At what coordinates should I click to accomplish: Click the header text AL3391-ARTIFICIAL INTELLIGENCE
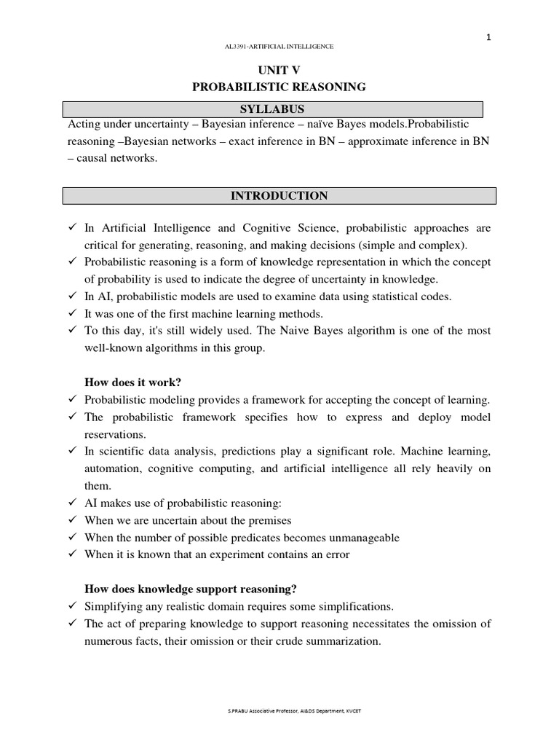click(x=279, y=47)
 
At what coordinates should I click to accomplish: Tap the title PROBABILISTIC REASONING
click(x=279, y=87)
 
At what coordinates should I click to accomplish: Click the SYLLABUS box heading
click(x=273, y=109)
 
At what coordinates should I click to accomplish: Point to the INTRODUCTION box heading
click(x=279, y=196)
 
